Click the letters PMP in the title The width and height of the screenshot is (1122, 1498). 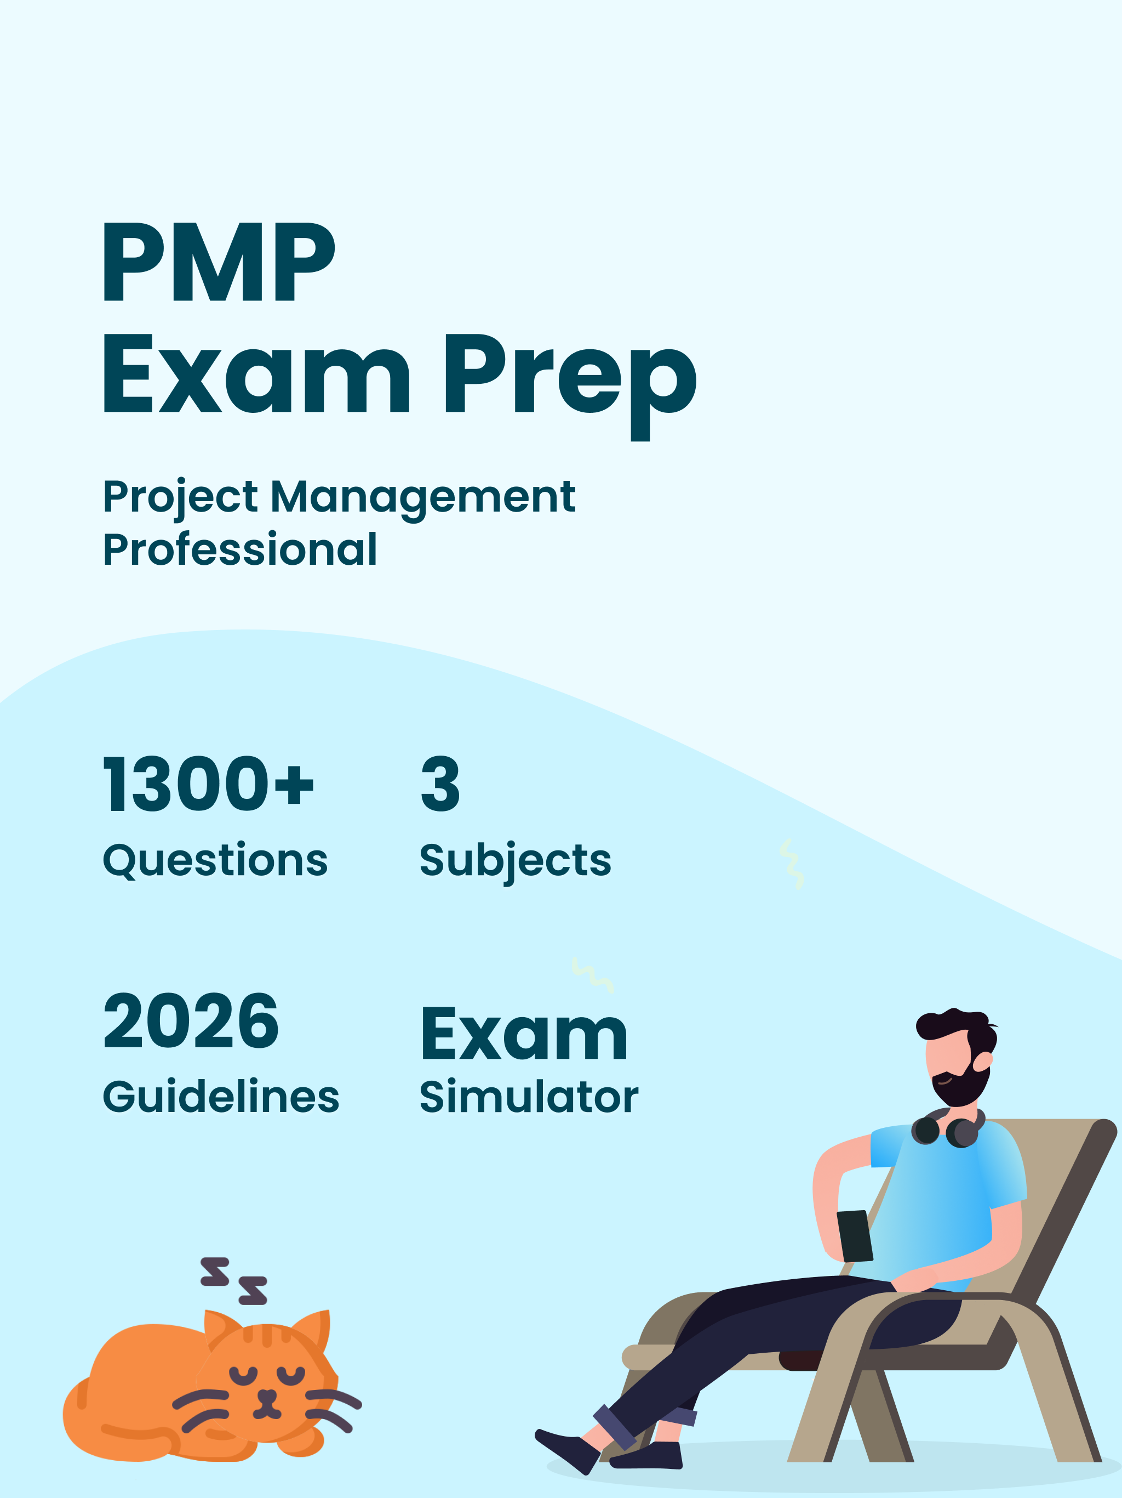(x=219, y=262)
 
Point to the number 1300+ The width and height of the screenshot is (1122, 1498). (x=208, y=784)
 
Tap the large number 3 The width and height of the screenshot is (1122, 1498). (x=440, y=784)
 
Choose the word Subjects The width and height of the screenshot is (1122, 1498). (x=516, y=861)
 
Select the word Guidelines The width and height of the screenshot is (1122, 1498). (x=221, y=1097)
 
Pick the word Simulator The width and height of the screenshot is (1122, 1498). (x=529, y=1097)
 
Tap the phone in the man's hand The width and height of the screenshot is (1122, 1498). (x=855, y=1236)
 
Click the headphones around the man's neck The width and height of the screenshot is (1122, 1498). (x=947, y=1129)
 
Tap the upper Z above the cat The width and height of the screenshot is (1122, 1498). (x=215, y=1272)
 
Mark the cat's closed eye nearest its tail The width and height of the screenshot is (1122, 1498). (x=244, y=1375)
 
